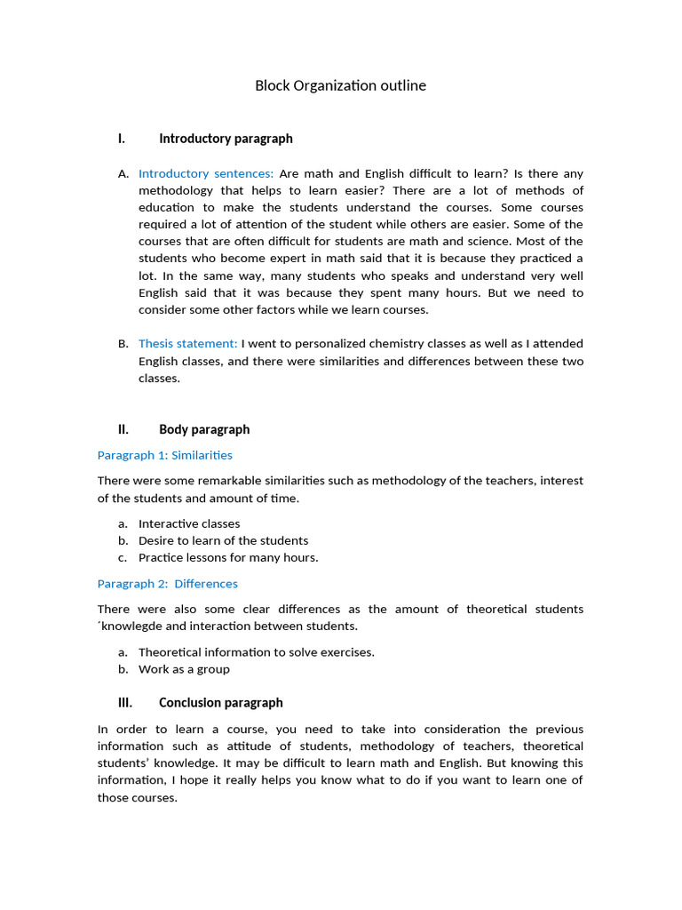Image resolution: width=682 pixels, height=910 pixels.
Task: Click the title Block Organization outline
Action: click(x=340, y=86)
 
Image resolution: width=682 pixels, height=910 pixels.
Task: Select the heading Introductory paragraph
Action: click(x=226, y=139)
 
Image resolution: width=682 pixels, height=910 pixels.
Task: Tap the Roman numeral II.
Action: click(x=123, y=429)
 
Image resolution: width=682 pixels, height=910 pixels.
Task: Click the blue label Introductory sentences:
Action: click(x=206, y=173)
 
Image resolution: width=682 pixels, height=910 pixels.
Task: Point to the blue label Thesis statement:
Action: click(x=188, y=344)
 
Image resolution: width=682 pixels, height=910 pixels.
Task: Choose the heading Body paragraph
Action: click(x=204, y=429)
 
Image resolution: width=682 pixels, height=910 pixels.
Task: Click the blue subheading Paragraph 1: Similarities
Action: click(x=165, y=455)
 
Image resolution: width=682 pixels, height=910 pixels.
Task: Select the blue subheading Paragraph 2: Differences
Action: click(x=168, y=584)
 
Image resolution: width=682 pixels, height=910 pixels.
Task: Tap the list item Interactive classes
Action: click(x=189, y=524)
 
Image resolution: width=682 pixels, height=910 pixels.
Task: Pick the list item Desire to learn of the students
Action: click(x=224, y=540)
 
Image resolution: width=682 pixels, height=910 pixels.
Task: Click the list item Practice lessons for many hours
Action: click(x=228, y=558)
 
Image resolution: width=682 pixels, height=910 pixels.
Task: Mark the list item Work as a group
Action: click(x=184, y=669)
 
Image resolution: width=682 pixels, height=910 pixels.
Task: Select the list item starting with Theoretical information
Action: click(x=257, y=652)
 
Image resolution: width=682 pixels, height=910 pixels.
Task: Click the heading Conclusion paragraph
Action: click(x=221, y=703)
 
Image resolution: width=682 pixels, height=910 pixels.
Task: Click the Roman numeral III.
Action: click(x=124, y=703)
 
